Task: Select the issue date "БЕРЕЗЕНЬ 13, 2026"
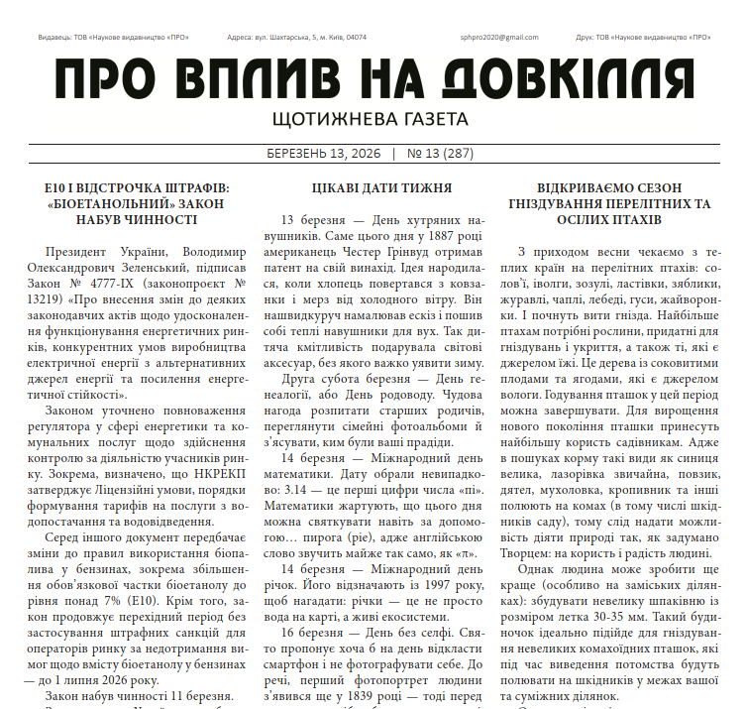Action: pos(323,154)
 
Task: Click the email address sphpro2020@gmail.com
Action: pos(499,38)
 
